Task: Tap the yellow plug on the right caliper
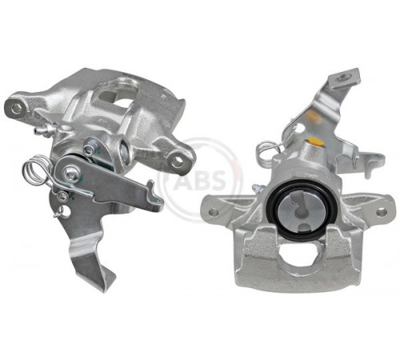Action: pyautogui.click(x=315, y=142)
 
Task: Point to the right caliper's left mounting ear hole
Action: pyautogui.click(x=214, y=212)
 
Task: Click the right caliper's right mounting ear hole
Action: pyautogui.click(x=382, y=212)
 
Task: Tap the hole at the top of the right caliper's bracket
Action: pyautogui.click(x=341, y=78)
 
